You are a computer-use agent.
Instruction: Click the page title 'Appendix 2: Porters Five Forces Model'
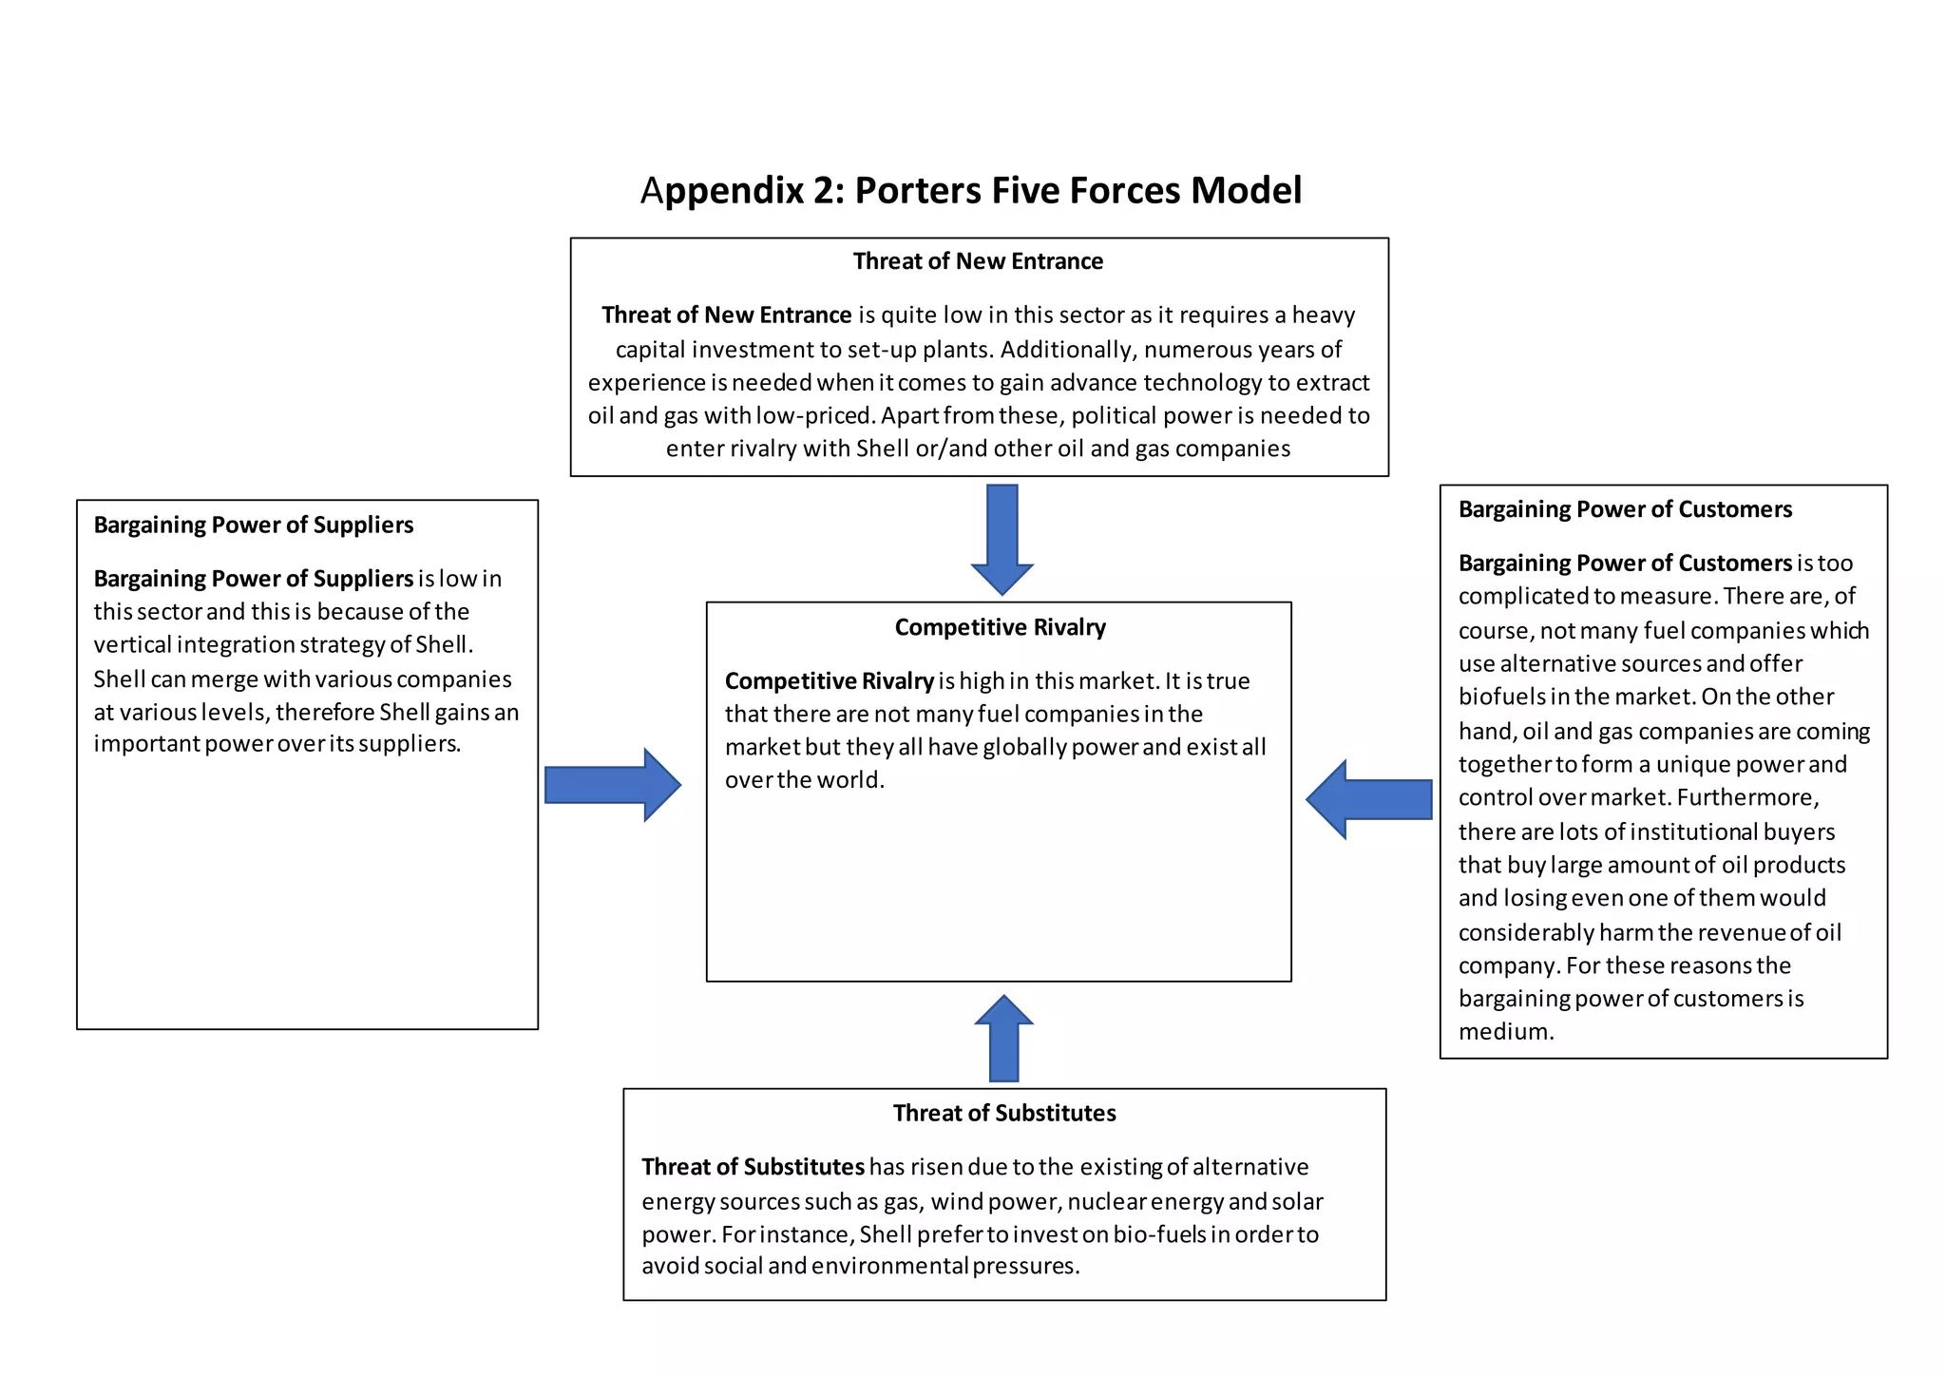(970, 190)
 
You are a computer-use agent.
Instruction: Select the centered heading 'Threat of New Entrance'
(978, 261)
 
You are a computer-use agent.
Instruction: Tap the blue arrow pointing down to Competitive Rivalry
(1002, 538)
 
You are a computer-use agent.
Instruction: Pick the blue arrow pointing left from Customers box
(1369, 799)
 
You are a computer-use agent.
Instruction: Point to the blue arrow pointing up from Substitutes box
(1003, 1040)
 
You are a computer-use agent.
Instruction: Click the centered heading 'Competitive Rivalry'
(1000, 627)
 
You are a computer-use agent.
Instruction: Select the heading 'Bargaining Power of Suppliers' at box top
(253, 525)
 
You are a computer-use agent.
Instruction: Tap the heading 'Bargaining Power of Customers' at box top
(1625, 509)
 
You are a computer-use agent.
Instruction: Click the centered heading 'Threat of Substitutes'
(1004, 1113)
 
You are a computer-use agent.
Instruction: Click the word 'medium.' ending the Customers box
(1506, 1032)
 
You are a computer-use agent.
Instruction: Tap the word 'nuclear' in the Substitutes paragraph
(1106, 1202)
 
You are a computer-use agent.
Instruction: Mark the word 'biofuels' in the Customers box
(1500, 697)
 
